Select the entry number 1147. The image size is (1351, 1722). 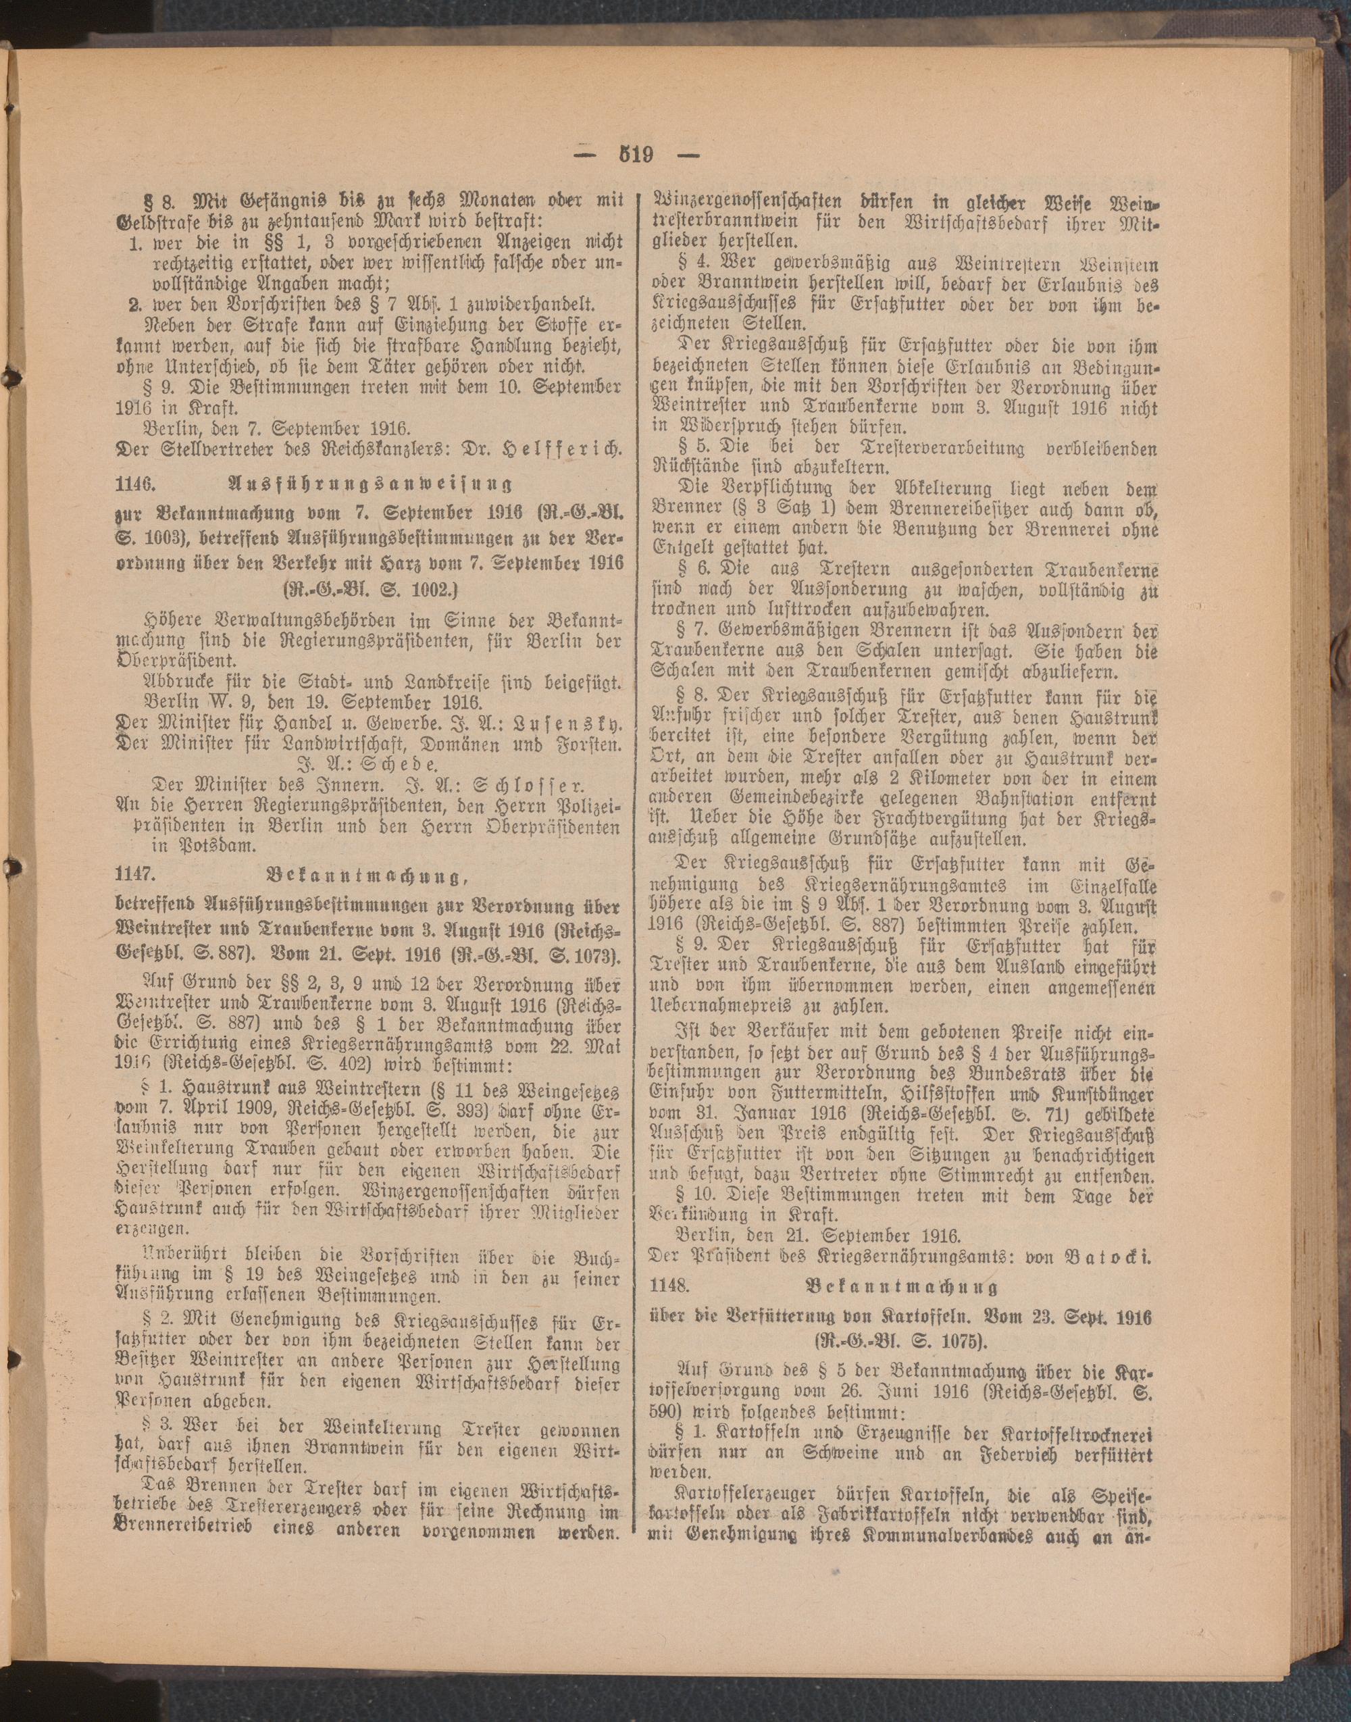134,876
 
